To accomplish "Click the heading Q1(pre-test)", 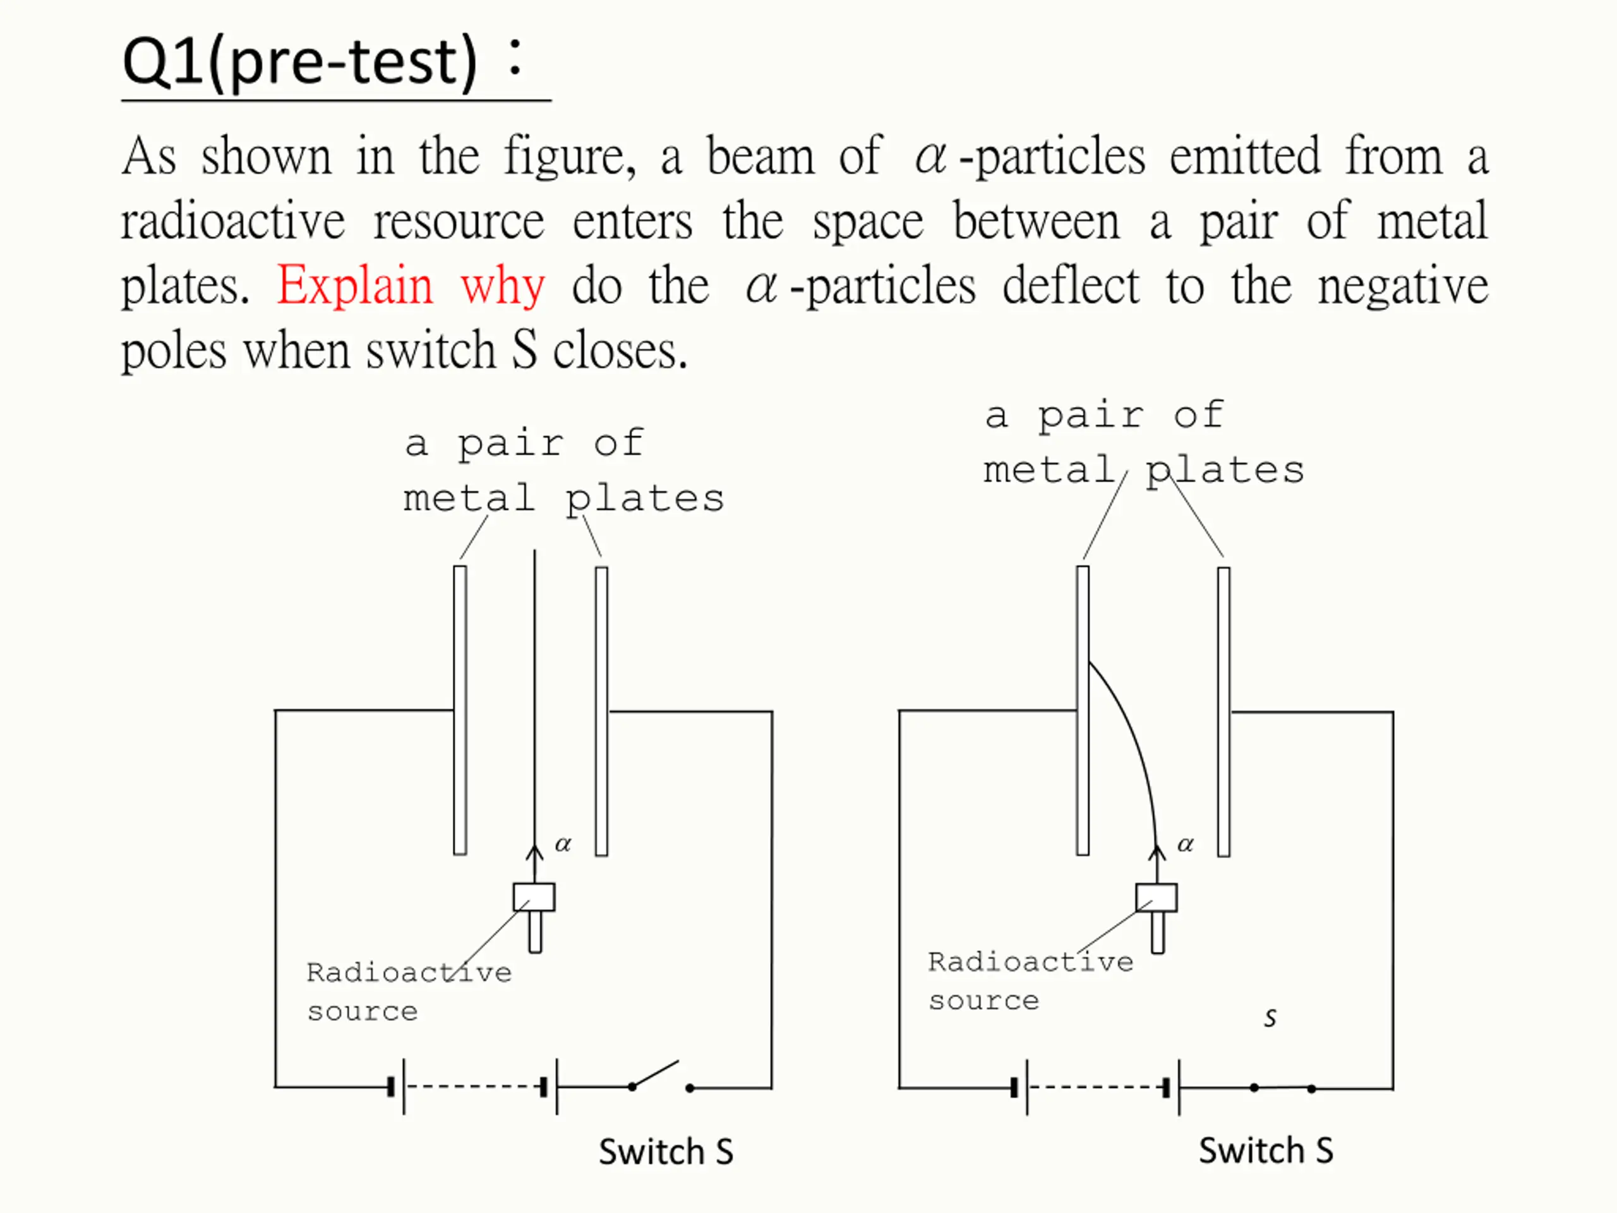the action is click(x=300, y=61).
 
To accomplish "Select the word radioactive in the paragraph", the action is click(x=232, y=222).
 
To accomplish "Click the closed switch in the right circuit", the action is click(x=1282, y=1088).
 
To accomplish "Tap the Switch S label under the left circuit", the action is click(x=665, y=1152).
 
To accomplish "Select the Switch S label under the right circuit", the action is click(x=1266, y=1150).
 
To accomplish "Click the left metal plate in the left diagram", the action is click(x=460, y=709).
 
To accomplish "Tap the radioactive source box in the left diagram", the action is click(x=534, y=897).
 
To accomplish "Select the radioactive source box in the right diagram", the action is click(x=1157, y=898).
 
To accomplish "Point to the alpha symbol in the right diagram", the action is click(x=1186, y=845).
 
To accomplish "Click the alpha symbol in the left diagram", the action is click(x=563, y=845).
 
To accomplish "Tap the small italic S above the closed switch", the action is click(x=1270, y=1018).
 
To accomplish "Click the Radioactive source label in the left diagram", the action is click(x=408, y=991).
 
